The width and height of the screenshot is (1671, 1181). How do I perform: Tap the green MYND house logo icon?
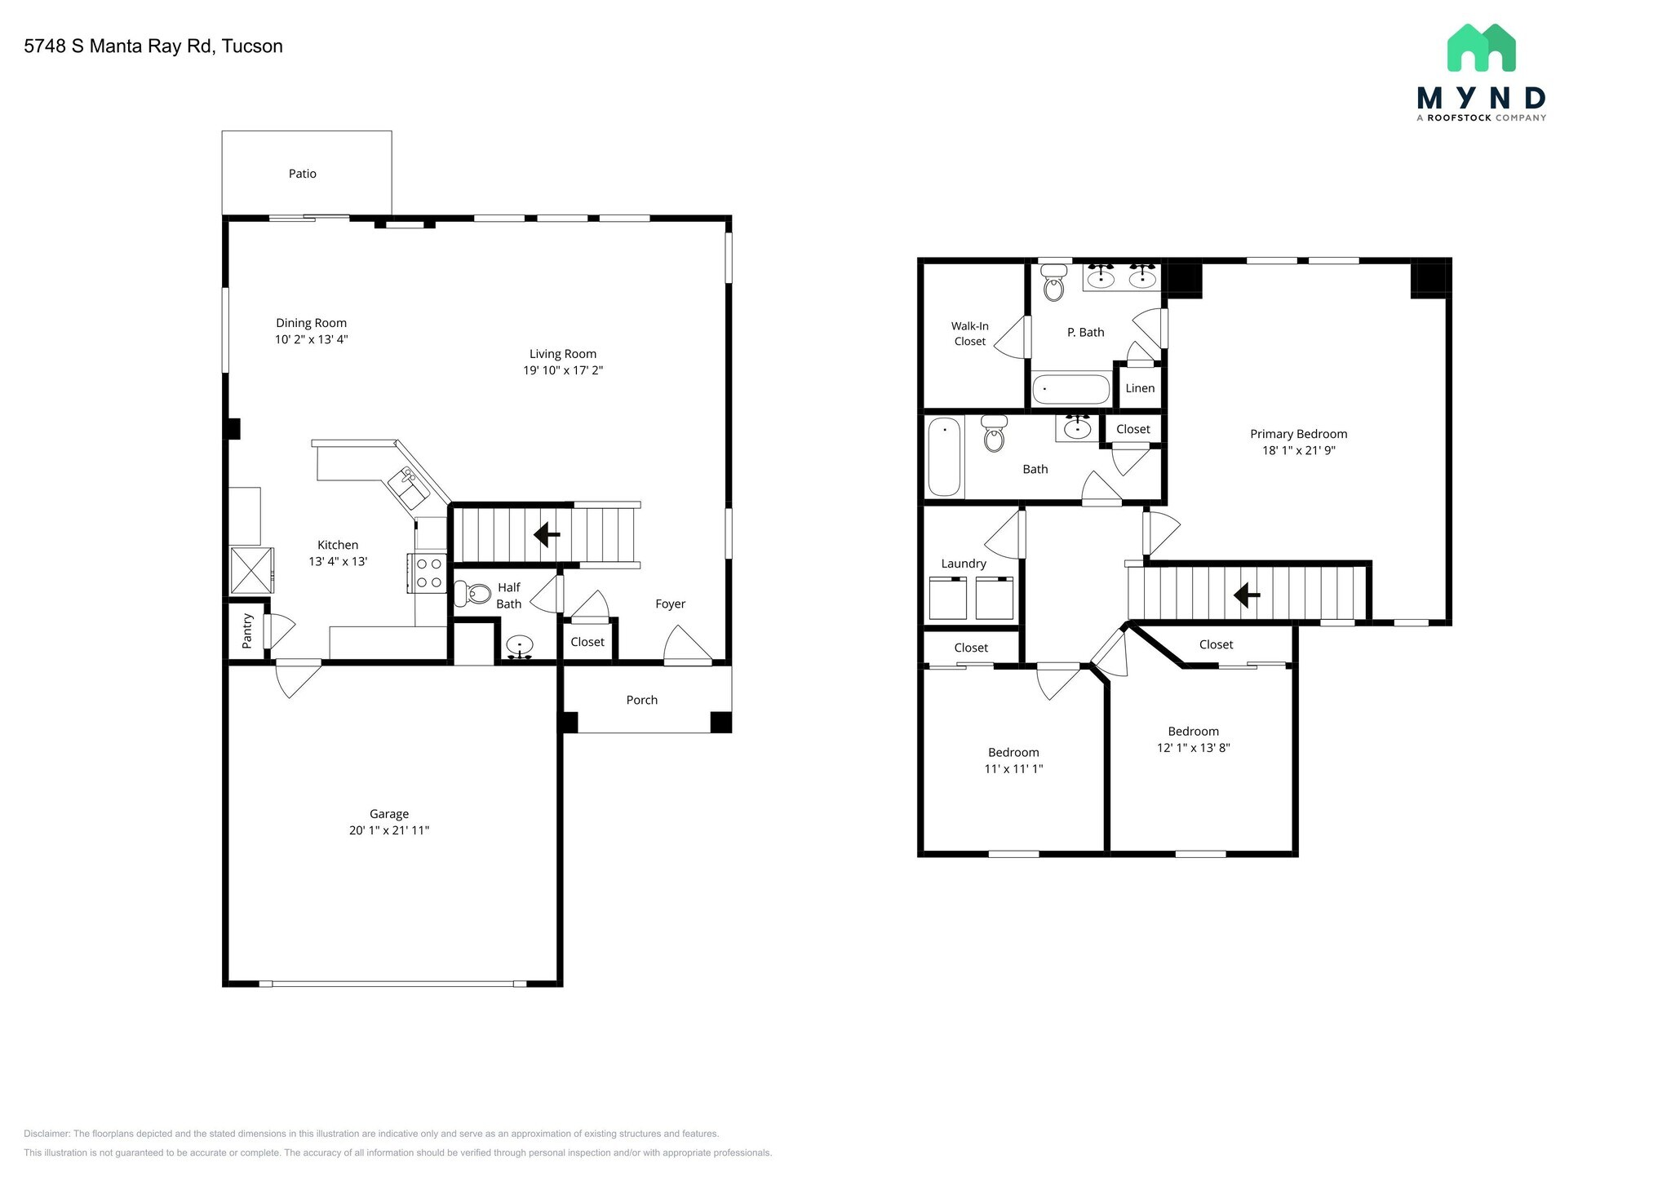[x=1481, y=48]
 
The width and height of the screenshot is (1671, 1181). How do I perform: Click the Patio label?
[x=302, y=174]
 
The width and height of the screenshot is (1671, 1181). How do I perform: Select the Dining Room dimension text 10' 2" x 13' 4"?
[x=311, y=339]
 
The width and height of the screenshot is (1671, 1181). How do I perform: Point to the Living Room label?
[x=562, y=354]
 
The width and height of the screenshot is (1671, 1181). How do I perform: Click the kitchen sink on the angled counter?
[x=409, y=488]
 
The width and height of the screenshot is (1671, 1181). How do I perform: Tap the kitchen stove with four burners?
[x=428, y=573]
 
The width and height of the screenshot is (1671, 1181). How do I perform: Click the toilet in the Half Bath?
[x=472, y=593]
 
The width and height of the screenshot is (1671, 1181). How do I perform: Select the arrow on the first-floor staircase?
[x=546, y=535]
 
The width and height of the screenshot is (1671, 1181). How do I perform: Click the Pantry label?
[x=247, y=631]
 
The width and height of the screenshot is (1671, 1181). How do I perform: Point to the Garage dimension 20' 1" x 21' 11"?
[x=388, y=830]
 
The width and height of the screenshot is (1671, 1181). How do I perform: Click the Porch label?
[x=641, y=700]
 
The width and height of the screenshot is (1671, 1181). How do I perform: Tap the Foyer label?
[x=670, y=604]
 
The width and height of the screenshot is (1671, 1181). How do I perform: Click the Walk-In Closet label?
[x=969, y=334]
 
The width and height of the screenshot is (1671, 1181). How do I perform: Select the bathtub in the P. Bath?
[x=1070, y=389]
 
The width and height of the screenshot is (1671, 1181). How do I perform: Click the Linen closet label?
[x=1139, y=388]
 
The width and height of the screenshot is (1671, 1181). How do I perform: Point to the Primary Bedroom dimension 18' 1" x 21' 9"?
[x=1298, y=450]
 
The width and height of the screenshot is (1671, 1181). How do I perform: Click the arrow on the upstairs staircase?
[x=1246, y=595]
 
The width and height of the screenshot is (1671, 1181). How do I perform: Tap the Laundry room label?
[x=963, y=564]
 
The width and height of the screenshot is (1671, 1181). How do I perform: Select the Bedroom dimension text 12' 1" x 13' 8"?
[x=1193, y=748]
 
